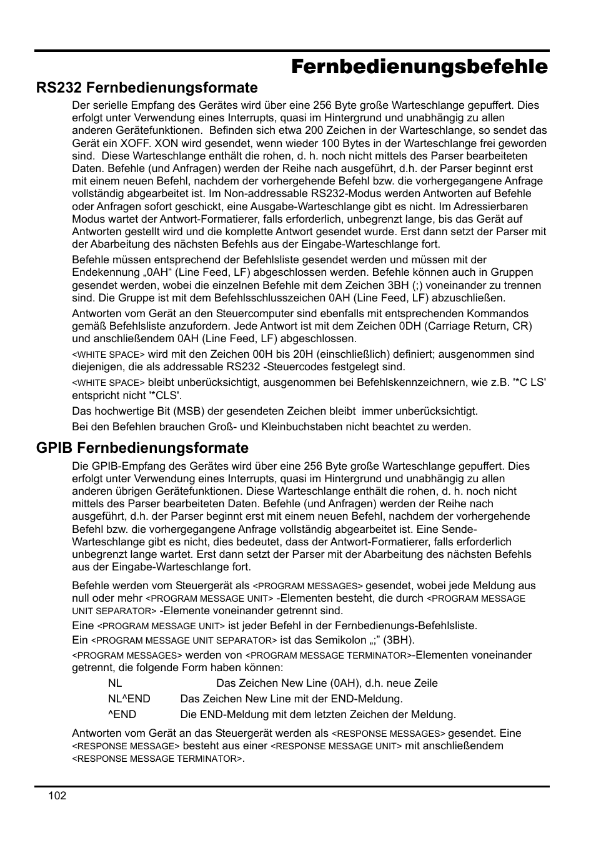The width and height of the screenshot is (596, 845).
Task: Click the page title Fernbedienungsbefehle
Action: pyautogui.click(x=419, y=67)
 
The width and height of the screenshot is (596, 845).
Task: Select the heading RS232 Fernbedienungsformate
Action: pyautogui.click(x=147, y=88)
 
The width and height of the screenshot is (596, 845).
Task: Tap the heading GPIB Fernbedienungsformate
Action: pyautogui.click(x=142, y=448)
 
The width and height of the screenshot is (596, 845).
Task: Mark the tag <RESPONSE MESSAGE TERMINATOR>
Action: pyautogui.click(x=157, y=759)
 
